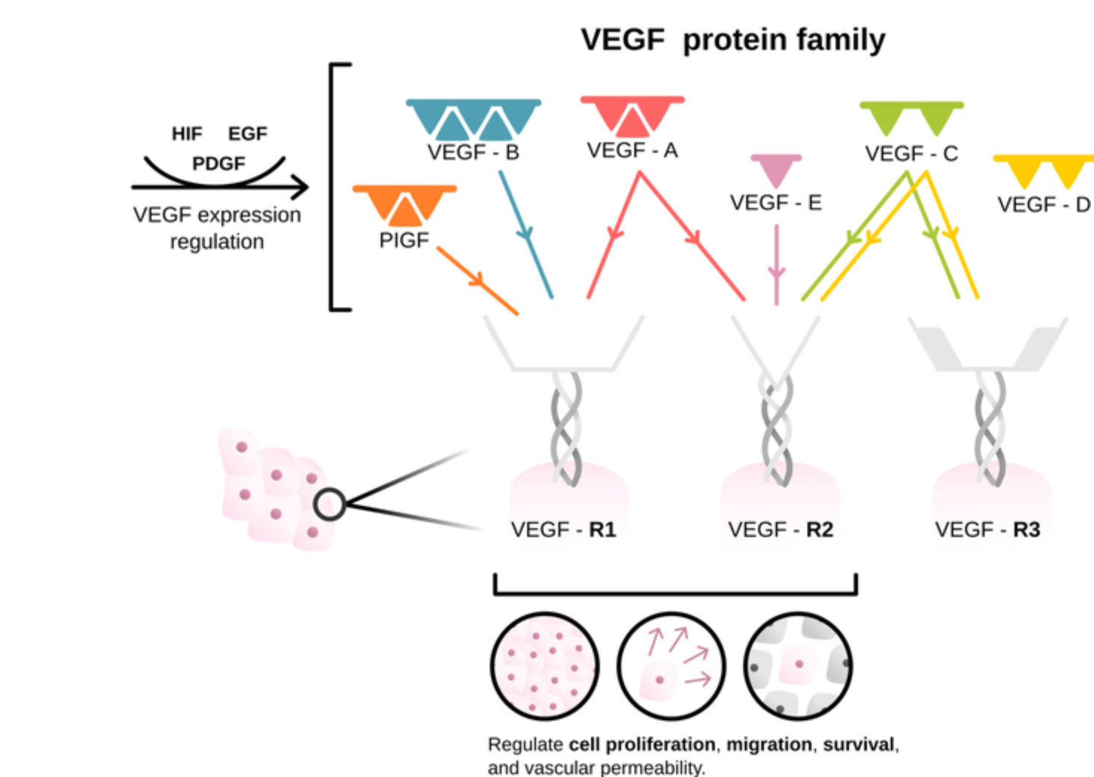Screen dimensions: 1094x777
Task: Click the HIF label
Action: pyautogui.click(x=187, y=133)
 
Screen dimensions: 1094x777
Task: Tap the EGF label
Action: pyautogui.click(x=248, y=133)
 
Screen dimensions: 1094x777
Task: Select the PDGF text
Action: pyautogui.click(x=219, y=163)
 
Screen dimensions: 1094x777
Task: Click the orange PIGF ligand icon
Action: pyautogui.click(x=405, y=205)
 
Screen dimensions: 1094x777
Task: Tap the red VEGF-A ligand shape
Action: pyautogui.click(x=633, y=116)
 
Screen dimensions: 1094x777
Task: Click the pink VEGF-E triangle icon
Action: pyautogui.click(x=776, y=171)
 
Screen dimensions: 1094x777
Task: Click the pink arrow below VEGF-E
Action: pyautogui.click(x=777, y=264)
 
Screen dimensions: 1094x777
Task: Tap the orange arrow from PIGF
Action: pyautogui.click(x=478, y=281)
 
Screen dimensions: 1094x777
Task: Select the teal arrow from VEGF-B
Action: pyautogui.click(x=526, y=235)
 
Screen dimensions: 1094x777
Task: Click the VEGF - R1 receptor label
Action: pyautogui.click(x=563, y=530)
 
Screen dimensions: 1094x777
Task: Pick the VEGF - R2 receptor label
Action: pyautogui.click(x=780, y=530)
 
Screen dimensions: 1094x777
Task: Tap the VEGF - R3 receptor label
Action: pyautogui.click(x=987, y=530)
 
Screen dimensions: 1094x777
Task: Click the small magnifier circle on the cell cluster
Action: pyautogui.click(x=329, y=504)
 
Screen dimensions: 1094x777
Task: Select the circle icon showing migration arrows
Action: pyautogui.click(x=671, y=666)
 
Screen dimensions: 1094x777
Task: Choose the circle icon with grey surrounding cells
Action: pyautogui.click(x=798, y=666)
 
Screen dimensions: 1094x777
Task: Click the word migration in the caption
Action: pyautogui.click(x=769, y=745)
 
